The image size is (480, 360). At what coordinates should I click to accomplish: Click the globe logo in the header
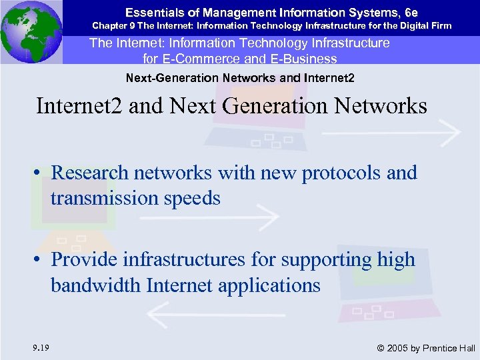pyautogui.click(x=31, y=31)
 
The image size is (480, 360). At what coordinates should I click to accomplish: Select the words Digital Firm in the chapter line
pyautogui.click(x=426, y=26)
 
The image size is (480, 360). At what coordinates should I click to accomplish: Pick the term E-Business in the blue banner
pyautogui.click(x=301, y=59)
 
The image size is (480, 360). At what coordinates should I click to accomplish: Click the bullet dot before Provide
pyautogui.click(x=41, y=260)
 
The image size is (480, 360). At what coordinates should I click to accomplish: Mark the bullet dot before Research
pyautogui.click(x=41, y=173)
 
